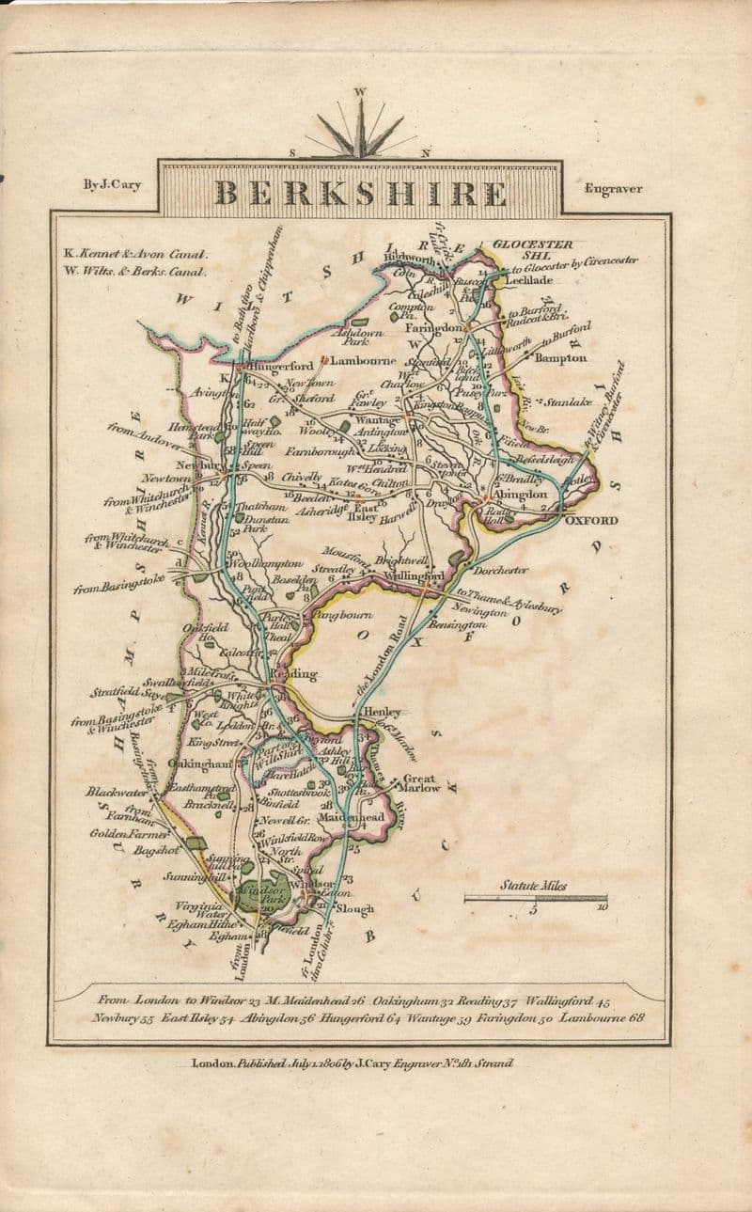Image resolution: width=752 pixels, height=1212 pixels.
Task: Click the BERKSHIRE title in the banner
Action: tap(360, 193)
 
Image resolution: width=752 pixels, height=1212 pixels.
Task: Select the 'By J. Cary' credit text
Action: tap(112, 185)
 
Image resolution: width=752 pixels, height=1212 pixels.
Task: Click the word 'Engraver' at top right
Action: tap(613, 188)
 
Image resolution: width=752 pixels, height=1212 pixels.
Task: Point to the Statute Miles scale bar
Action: tap(536, 898)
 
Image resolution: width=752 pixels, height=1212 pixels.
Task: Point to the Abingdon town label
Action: tap(520, 495)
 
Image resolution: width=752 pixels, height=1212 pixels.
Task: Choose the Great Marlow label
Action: tap(421, 783)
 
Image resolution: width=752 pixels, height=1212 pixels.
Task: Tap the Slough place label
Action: tap(355, 908)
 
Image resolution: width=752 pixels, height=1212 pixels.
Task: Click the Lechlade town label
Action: tap(532, 280)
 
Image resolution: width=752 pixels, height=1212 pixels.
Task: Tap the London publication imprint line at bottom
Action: tap(352, 1063)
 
